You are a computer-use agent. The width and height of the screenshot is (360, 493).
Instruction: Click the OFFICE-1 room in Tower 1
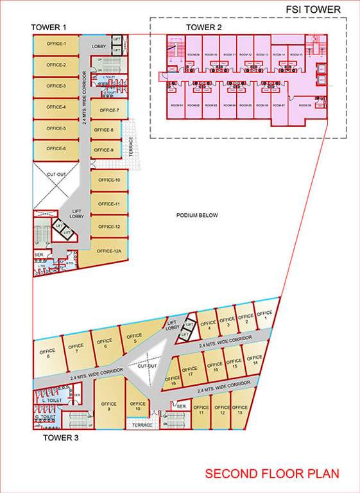[x=56, y=44]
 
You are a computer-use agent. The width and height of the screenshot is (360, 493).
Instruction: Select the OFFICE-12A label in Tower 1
[x=109, y=251]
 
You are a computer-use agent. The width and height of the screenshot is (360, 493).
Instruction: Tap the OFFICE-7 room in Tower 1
[x=109, y=110]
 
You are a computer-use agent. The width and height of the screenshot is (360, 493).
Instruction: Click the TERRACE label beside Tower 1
[x=131, y=147]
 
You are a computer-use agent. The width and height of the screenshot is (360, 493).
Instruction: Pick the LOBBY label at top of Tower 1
[x=99, y=46]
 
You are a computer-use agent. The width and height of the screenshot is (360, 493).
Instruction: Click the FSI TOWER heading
[x=313, y=9]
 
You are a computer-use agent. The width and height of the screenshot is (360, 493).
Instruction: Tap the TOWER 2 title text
[x=204, y=27]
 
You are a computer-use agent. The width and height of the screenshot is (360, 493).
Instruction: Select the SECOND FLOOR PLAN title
[x=272, y=474]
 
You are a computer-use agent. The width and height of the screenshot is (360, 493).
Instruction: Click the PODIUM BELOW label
[x=198, y=215]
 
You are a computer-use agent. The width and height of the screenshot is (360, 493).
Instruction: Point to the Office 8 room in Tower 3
[x=47, y=354]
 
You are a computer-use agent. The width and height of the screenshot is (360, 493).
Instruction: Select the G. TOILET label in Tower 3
[x=45, y=418]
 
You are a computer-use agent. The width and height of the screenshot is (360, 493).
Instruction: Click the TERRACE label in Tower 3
[x=141, y=425]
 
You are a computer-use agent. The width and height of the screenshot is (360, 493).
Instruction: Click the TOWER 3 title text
[x=60, y=439]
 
